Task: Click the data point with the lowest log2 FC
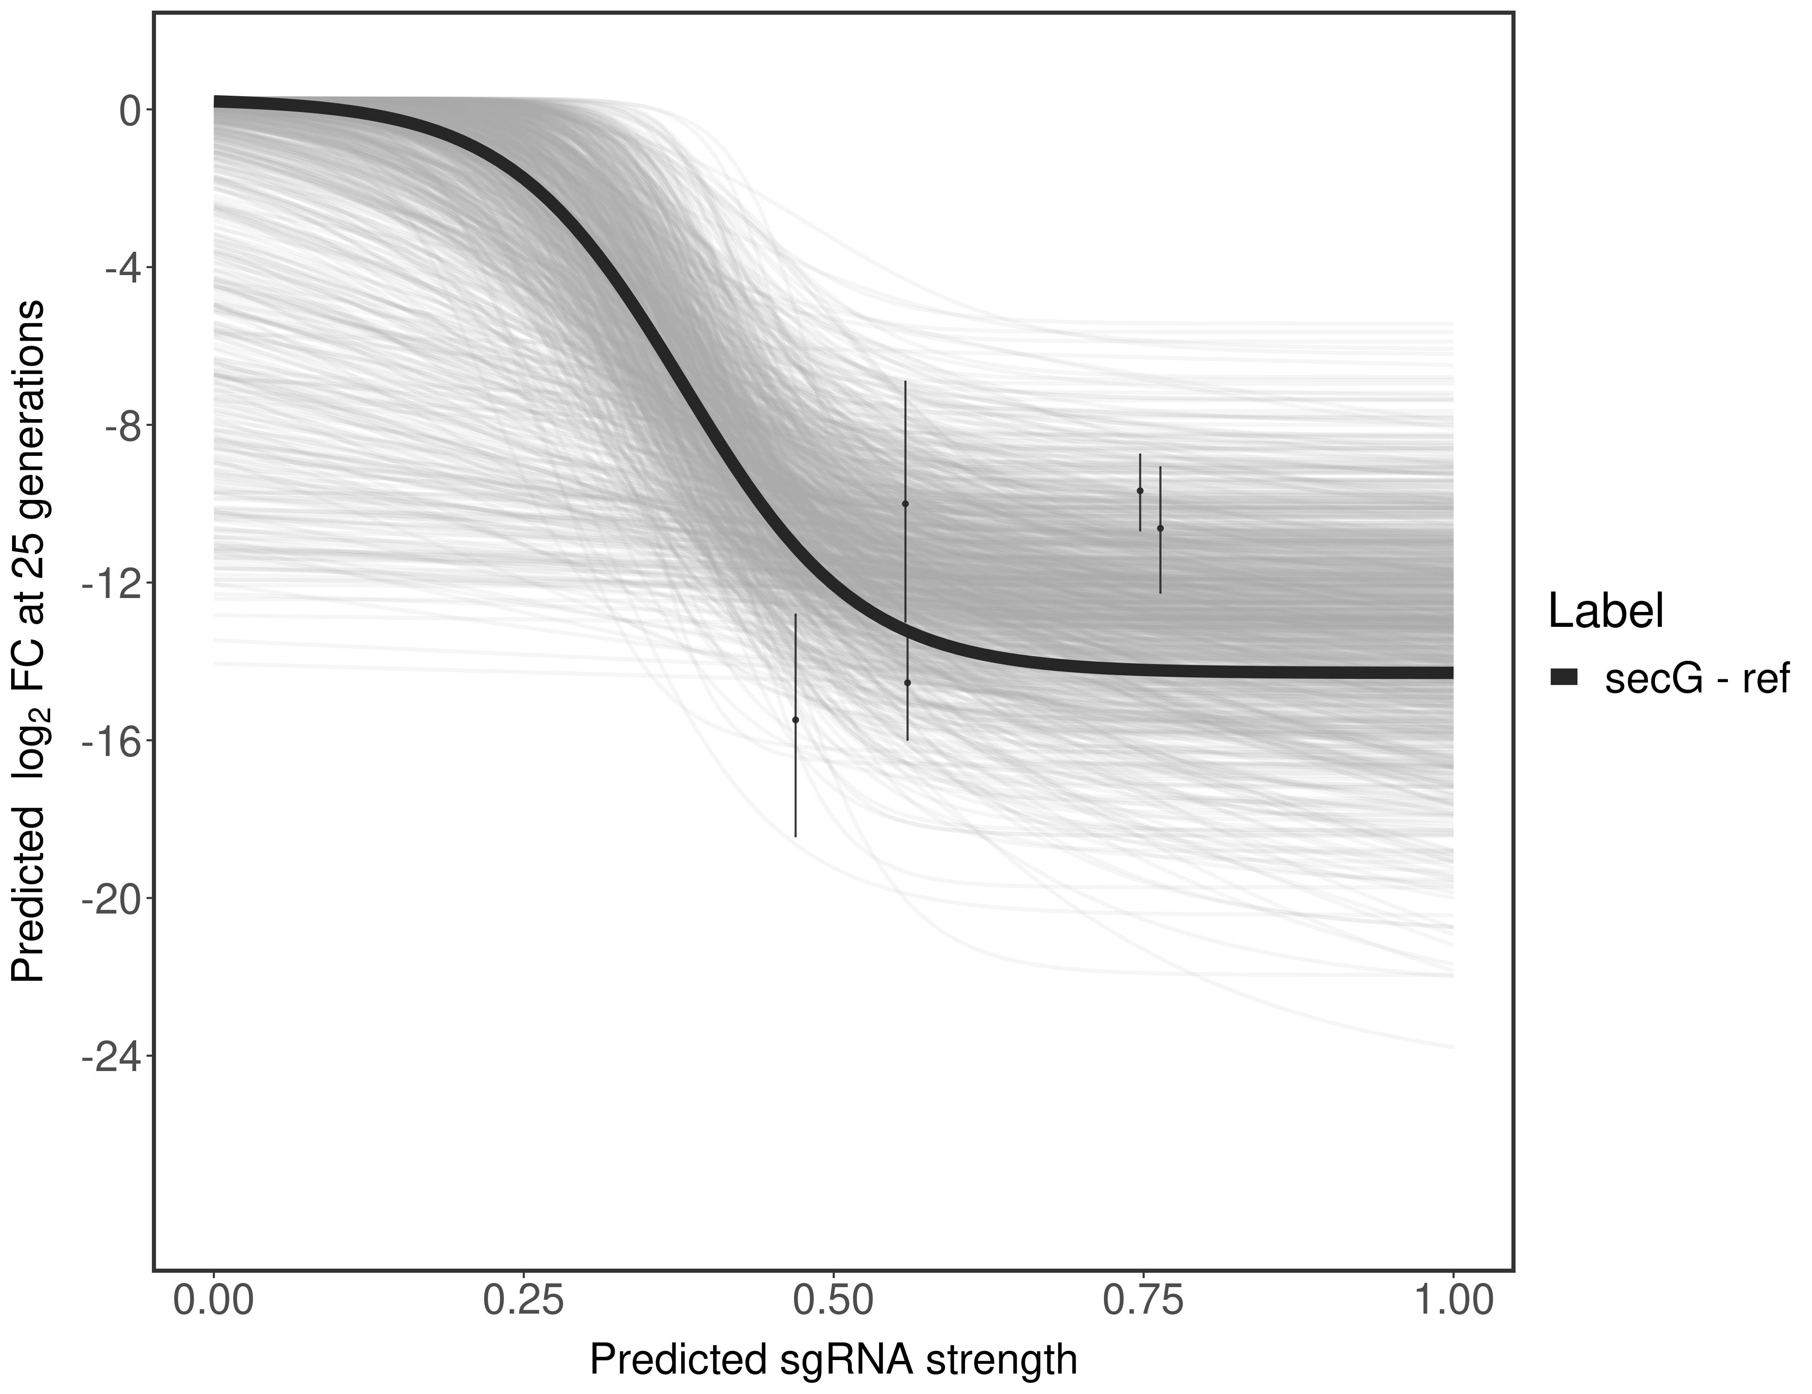click(795, 719)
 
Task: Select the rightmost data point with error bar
click(1160, 528)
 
